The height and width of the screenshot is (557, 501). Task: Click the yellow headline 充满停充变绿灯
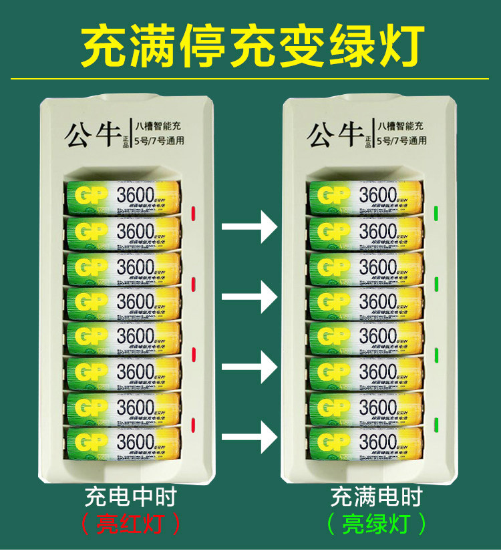pos(251,46)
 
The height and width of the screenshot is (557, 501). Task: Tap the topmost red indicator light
pos(193,214)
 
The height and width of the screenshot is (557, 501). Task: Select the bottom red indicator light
pos(193,424)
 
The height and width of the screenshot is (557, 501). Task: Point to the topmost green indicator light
pos(436,214)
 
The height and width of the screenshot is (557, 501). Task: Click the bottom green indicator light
pos(436,424)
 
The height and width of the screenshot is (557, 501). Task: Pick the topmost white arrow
pos(249,228)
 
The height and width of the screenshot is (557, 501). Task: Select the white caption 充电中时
pos(132,498)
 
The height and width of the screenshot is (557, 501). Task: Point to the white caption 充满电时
pos(377,498)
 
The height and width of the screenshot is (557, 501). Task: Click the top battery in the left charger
pos(124,196)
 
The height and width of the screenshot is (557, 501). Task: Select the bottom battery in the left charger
pos(124,443)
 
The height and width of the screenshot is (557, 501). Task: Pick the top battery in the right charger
pos(365,196)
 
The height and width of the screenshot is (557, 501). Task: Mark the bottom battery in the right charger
pos(365,443)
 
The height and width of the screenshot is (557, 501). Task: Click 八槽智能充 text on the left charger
pos(158,125)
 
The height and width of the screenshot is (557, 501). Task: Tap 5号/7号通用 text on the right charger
pos(401,141)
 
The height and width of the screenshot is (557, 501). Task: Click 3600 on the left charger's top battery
pos(136,195)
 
